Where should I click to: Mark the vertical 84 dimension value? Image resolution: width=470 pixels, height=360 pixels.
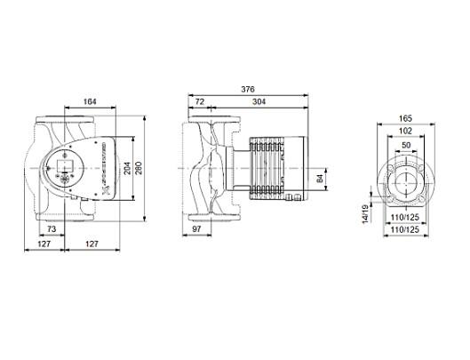tap(319, 180)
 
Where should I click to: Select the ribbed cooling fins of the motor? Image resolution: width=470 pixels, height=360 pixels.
tap(267, 164)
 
